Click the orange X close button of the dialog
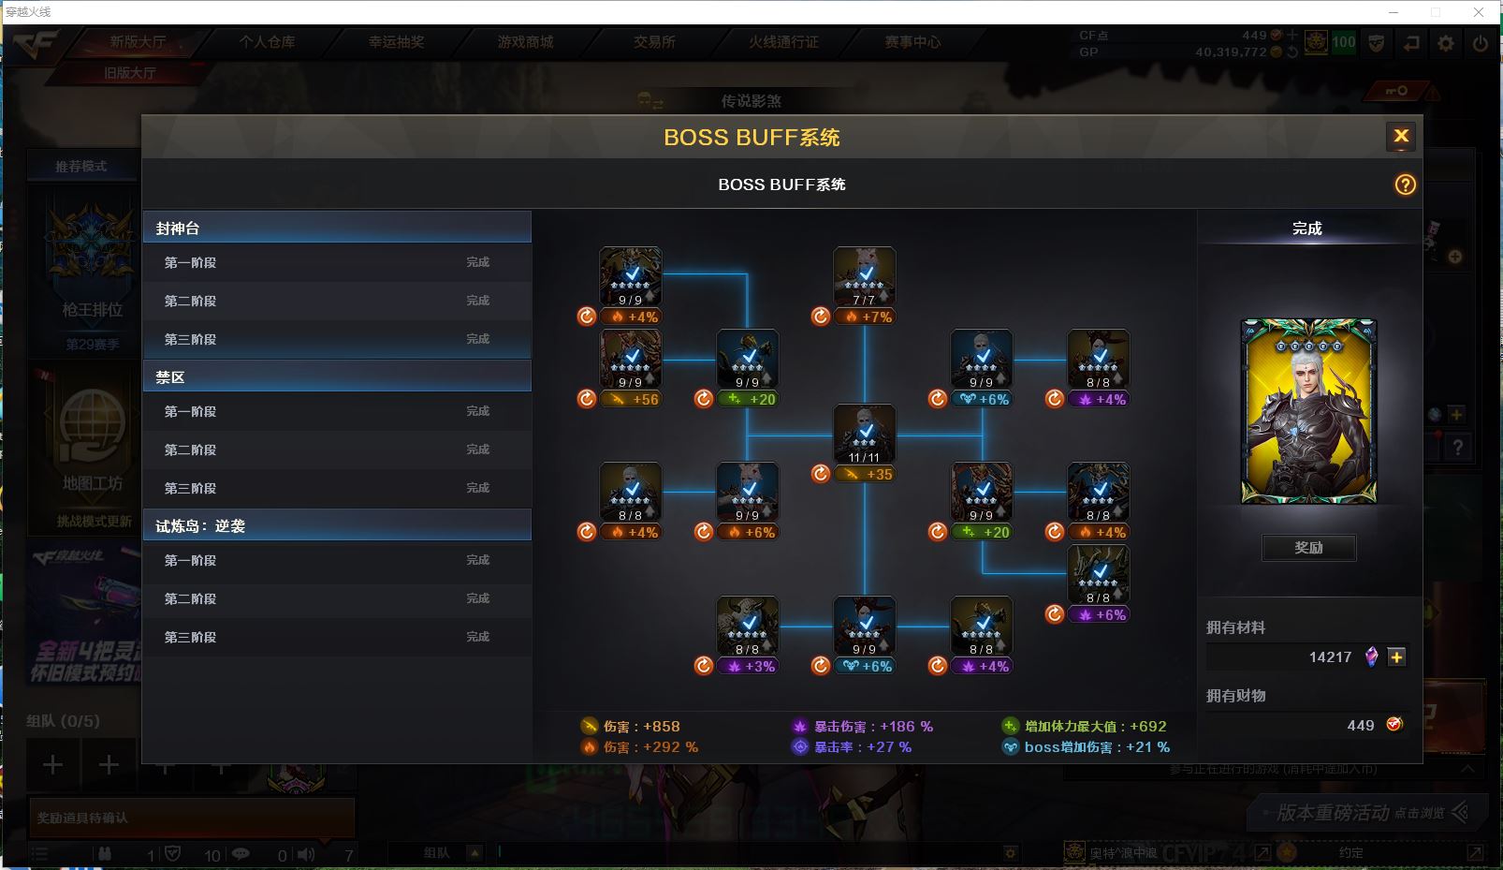coord(1400,137)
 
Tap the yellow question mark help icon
coord(1405,185)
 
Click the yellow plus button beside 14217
coord(1396,657)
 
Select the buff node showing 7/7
coord(864,277)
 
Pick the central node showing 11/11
coord(864,435)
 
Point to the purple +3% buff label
coord(751,667)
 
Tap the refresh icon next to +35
coord(821,474)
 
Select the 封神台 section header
coord(337,228)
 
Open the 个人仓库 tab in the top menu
coord(267,42)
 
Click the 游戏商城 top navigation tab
coord(525,42)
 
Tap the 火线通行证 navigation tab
coord(783,42)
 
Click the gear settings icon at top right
coord(1446,43)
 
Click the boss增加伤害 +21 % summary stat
coord(1087,747)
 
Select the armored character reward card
coord(1308,412)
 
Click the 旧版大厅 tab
coord(129,72)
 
